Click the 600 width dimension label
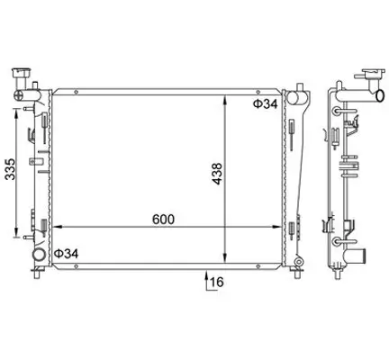tap(163, 219)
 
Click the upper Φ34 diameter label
tap(264, 104)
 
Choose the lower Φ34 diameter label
tap(67, 255)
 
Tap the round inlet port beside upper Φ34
tap(289, 96)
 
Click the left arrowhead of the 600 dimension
tap(54, 226)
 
